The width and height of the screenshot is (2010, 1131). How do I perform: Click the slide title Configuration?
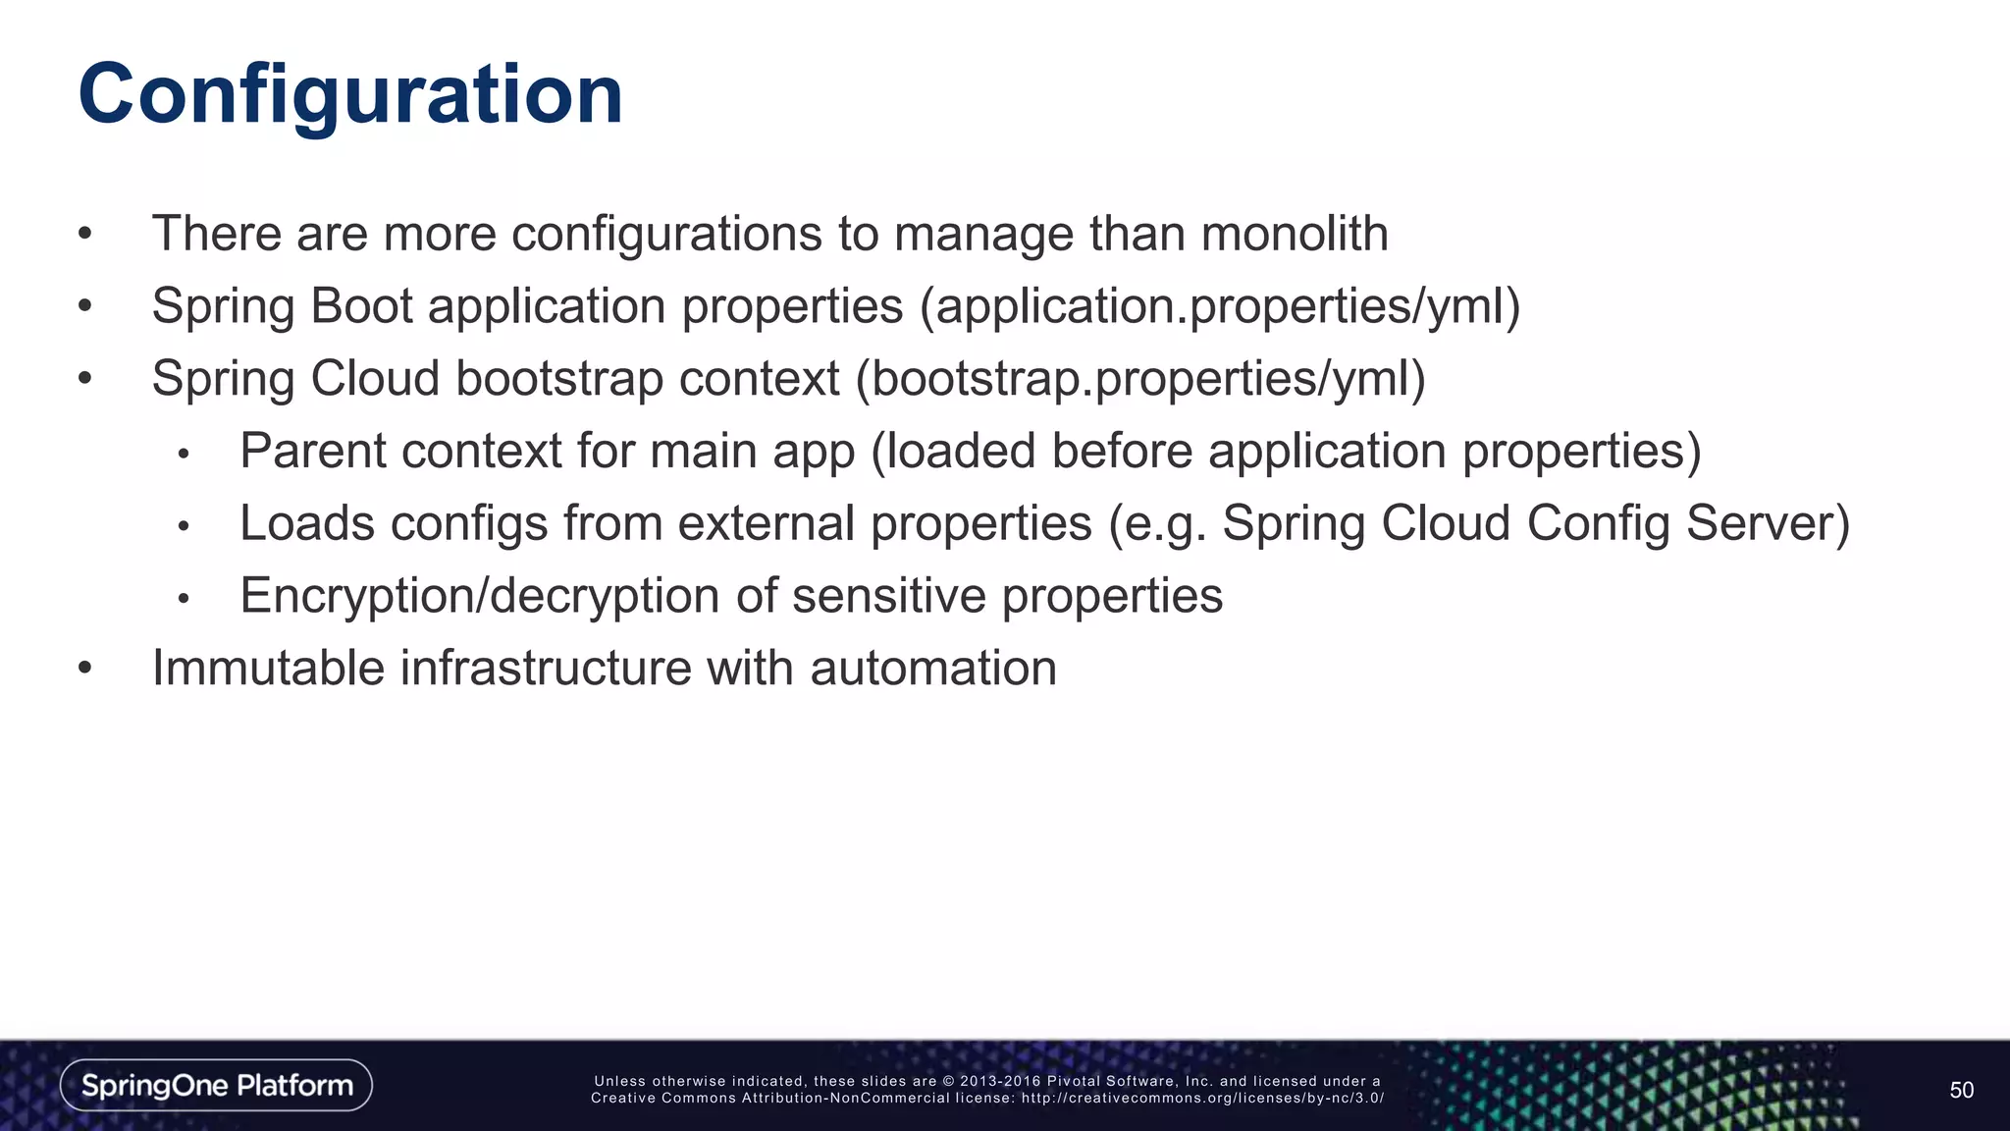tap(350, 95)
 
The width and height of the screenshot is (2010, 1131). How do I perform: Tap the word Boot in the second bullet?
tap(361, 306)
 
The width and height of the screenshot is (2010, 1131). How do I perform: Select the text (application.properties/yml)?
tap(1219, 306)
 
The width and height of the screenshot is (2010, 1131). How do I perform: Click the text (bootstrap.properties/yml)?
tap(1140, 379)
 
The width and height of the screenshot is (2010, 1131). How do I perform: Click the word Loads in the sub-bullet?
tap(307, 523)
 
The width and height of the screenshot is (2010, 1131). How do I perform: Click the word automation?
tap(933, 669)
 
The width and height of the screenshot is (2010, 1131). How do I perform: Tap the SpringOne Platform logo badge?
tap(216, 1085)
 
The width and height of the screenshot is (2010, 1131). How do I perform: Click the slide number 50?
tap(1961, 1090)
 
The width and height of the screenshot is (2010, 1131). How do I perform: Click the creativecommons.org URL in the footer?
tap(1202, 1099)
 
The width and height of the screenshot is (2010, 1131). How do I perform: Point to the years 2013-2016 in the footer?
tap(1000, 1082)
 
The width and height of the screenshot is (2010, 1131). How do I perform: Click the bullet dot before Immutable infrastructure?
tap(85, 670)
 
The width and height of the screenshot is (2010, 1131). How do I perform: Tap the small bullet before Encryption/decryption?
tap(183, 599)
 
